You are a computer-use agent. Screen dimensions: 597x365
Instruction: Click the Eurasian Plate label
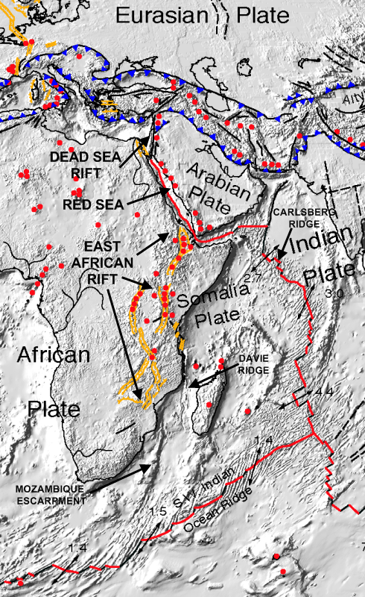click(197, 14)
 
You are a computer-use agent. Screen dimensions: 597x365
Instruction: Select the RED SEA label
click(92, 202)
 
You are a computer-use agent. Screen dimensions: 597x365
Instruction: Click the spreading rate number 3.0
click(334, 296)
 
